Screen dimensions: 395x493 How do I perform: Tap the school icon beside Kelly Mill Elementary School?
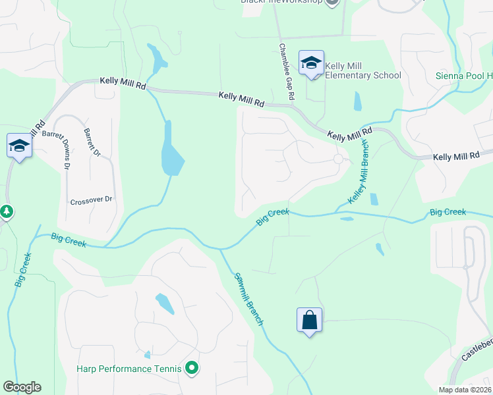(311, 63)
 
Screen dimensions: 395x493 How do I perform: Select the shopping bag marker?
(310, 321)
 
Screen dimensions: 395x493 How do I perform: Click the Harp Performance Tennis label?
(129, 369)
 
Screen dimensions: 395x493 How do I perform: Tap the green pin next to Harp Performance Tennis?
(192, 368)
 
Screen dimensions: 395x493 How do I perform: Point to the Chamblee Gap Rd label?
(286, 72)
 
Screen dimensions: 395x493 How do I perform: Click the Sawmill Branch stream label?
(249, 300)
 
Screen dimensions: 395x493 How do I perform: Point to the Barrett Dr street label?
(92, 142)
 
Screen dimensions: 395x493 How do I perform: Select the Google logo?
(22, 387)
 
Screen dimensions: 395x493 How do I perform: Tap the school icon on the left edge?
(19, 145)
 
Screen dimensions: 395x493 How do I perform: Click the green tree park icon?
(7, 212)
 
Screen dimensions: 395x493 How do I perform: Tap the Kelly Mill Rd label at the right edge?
(456, 157)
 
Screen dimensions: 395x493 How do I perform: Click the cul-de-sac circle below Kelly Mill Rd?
(339, 159)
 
